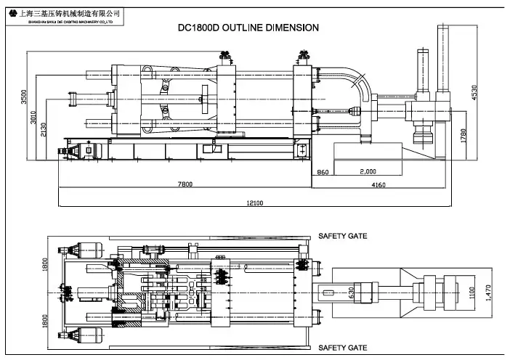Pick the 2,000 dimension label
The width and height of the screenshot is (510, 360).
[368, 172]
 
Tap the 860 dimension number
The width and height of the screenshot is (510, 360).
[323, 172]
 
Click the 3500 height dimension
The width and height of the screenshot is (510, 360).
[23, 97]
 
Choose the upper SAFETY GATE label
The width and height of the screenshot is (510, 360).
[342, 236]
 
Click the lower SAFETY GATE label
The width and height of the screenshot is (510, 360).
[342, 348]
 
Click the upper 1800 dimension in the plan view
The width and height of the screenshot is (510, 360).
[44, 266]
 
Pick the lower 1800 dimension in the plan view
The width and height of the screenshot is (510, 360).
[44, 320]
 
